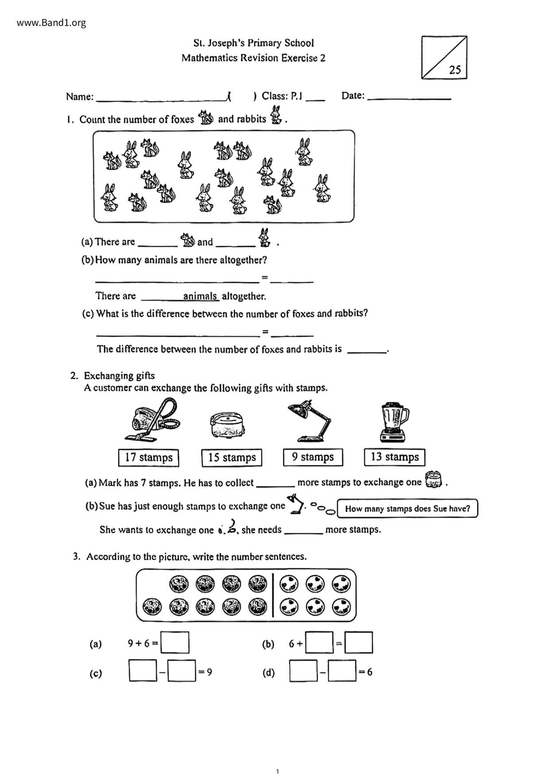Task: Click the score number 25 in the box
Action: click(455, 70)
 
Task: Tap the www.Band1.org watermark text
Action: click(51, 23)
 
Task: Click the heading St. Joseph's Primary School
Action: click(253, 43)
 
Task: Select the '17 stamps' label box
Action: click(148, 458)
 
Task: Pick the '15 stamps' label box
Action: click(232, 458)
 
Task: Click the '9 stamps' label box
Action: click(313, 457)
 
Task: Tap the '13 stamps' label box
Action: click(394, 457)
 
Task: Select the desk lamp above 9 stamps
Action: click(309, 420)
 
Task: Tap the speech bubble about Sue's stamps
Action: click(407, 509)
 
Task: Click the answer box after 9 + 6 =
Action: click(175, 642)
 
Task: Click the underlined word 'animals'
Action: click(200, 296)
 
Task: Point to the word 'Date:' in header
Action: click(353, 95)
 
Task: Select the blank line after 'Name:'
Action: click(161, 97)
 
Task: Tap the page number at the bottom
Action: click(278, 771)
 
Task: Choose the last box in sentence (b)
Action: click(359, 642)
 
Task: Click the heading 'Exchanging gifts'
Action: click(119, 376)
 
